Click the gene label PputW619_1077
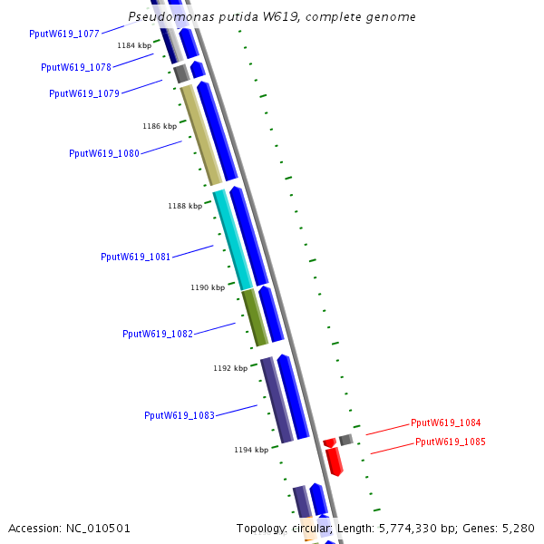64,34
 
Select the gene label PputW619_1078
76,67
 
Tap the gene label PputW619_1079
84,93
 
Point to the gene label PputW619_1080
104,153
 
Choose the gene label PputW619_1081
136,257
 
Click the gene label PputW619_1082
158,334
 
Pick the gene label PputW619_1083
180,415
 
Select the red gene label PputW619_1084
445,423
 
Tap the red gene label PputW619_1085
450,442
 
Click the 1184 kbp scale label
134,45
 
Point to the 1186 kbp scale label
160,126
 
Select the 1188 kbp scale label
185,206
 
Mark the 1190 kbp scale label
208,287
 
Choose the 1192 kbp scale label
230,368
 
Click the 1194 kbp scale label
251,449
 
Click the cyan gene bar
232,239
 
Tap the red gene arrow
334,461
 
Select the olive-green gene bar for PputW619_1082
255,316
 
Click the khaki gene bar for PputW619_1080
201,135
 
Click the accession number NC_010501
69,528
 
